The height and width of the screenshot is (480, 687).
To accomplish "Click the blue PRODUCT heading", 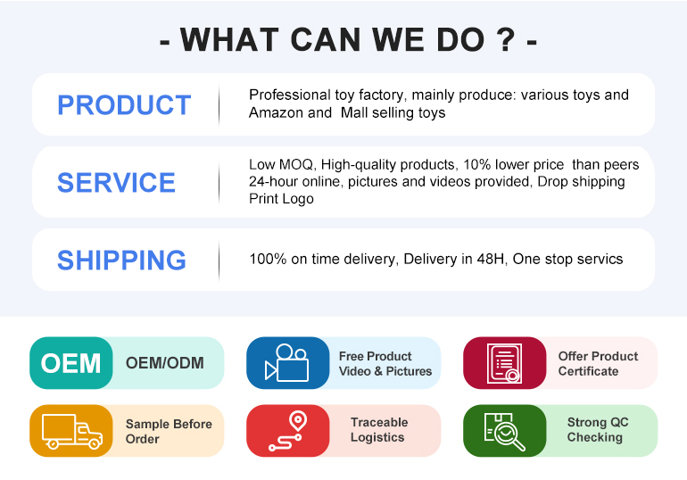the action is pyautogui.click(x=124, y=105).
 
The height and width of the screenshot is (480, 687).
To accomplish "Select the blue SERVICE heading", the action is pyautogui.click(x=116, y=182).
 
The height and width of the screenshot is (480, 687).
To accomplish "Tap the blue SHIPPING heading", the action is pyautogui.click(x=122, y=261).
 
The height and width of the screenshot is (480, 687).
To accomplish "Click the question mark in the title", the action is pyautogui.click(x=506, y=39).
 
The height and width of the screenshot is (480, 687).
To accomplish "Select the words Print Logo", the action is pyautogui.click(x=281, y=199).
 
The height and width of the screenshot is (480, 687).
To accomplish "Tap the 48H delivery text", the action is pyautogui.click(x=491, y=259).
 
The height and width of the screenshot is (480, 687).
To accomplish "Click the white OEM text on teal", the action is pyautogui.click(x=70, y=363).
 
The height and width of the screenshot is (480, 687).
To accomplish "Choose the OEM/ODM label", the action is pyautogui.click(x=165, y=363).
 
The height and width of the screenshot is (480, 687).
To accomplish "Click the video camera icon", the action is pyautogui.click(x=287, y=362).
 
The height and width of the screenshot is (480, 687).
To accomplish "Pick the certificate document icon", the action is pyautogui.click(x=504, y=363).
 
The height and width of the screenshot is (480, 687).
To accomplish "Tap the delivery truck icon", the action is pyautogui.click(x=72, y=432).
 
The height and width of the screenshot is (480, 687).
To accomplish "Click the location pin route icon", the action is pyautogui.click(x=288, y=431).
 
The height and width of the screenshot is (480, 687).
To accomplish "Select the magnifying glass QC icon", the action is pyautogui.click(x=504, y=432).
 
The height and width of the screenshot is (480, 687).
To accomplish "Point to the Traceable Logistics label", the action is pyautogui.click(x=379, y=430).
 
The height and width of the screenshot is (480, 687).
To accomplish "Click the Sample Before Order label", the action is pyautogui.click(x=169, y=432).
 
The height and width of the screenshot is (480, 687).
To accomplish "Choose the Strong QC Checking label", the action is pyautogui.click(x=598, y=430).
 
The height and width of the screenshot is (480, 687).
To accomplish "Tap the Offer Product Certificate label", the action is pyautogui.click(x=598, y=363).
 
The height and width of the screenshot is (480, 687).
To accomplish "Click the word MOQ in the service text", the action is pyautogui.click(x=295, y=165).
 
